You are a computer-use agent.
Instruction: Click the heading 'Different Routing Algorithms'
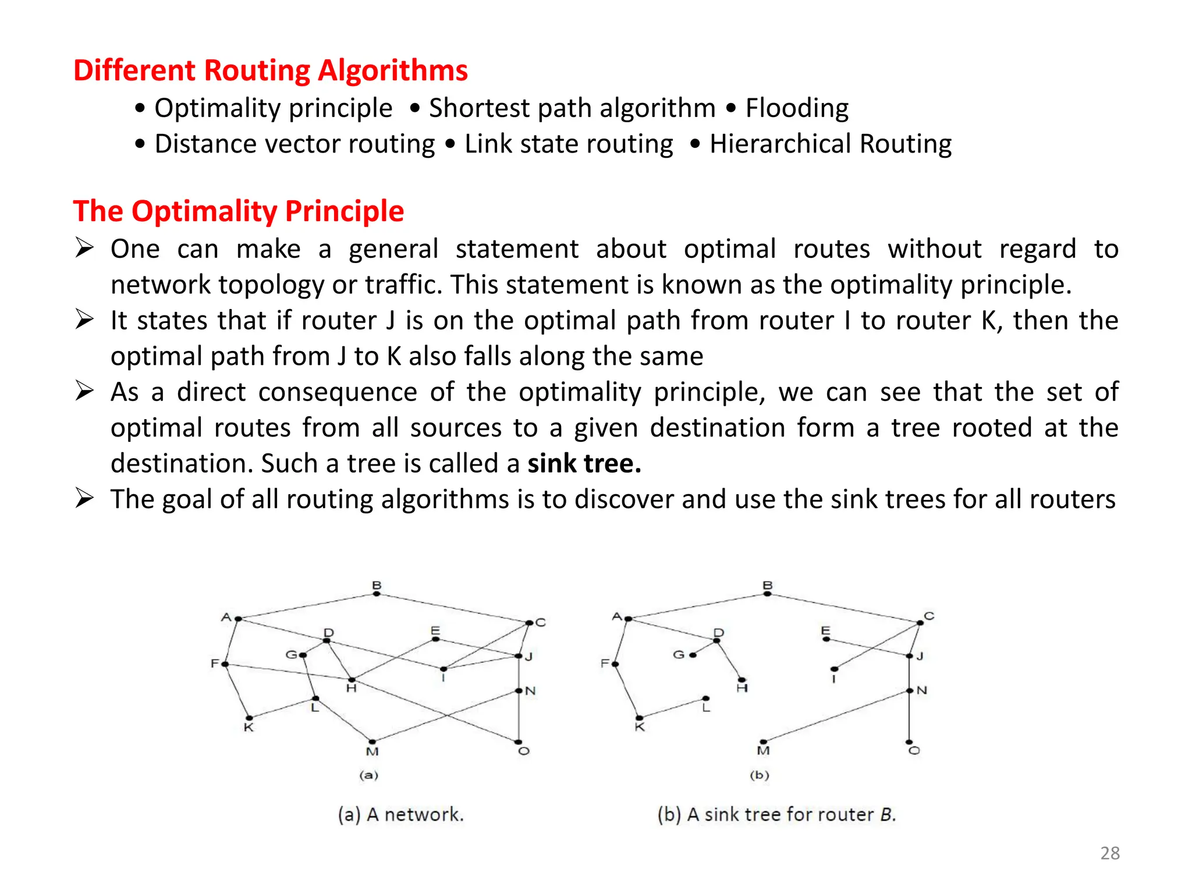pyautogui.click(x=270, y=70)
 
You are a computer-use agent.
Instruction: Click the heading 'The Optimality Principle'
pyautogui.click(x=238, y=211)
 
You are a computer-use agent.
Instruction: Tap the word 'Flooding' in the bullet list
pyautogui.click(x=797, y=108)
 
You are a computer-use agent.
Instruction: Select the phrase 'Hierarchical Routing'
pyautogui.click(x=830, y=144)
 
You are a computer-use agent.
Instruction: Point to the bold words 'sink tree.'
pyautogui.click(x=584, y=464)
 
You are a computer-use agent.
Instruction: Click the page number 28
pyautogui.click(x=1109, y=853)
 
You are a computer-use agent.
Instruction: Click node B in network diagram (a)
pyautogui.click(x=377, y=593)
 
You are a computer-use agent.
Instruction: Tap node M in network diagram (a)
pyautogui.click(x=372, y=742)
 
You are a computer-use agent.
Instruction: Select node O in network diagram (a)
pyautogui.click(x=518, y=742)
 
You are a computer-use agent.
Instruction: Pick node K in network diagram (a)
pyautogui.click(x=249, y=718)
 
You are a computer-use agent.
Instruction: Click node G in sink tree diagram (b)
pyautogui.click(x=693, y=655)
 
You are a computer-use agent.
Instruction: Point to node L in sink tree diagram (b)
pyautogui.click(x=705, y=698)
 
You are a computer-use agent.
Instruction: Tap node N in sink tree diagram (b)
pyautogui.click(x=909, y=691)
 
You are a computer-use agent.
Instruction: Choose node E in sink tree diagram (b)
pyautogui.click(x=826, y=639)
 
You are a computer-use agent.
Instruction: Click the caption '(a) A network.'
pyautogui.click(x=400, y=814)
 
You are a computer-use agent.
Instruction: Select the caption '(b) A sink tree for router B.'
pyautogui.click(x=776, y=814)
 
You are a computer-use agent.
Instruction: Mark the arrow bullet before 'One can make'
pyautogui.click(x=84, y=249)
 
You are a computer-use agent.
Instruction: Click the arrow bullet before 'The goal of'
pyautogui.click(x=84, y=499)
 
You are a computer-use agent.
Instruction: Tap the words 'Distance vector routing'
pyautogui.click(x=295, y=144)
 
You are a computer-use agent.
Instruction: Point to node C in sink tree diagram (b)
pyautogui.click(x=920, y=623)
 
